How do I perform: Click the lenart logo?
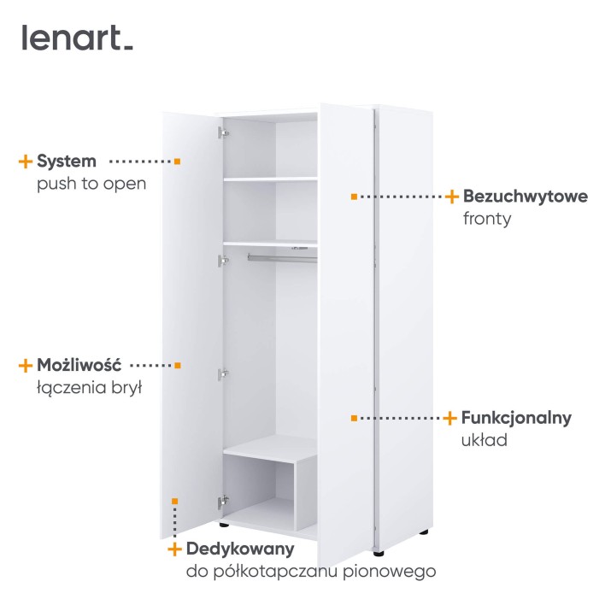(77, 38)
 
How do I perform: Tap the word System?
(67, 162)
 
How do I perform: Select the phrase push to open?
(91, 184)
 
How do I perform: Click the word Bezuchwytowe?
(526, 196)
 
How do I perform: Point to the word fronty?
(487, 219)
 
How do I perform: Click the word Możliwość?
(79, 365)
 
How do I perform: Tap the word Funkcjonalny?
(516, 418)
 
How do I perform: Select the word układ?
(485, 440)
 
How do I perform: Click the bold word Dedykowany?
(240, 549)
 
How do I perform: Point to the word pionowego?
(390, 572)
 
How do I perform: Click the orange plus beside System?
(26, 162)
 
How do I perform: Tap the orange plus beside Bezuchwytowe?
(452, 197)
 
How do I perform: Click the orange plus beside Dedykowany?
(175, 549)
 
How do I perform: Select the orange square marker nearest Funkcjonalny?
(355, 418)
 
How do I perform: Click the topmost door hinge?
(223, 132)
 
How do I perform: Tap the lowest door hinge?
(223, 502)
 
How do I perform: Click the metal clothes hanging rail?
(283, 258)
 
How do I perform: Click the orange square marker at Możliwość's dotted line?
(178, 366)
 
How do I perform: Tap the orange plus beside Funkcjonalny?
(449, 418)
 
